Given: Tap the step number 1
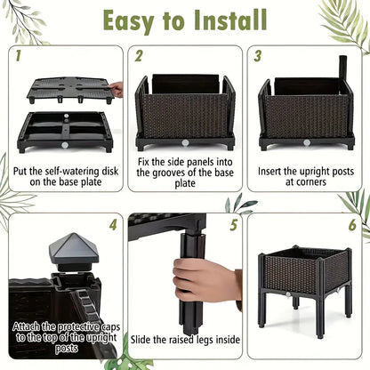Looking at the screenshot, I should (19, 56).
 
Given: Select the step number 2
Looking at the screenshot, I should (139, 56).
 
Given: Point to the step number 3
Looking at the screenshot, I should (257, 56).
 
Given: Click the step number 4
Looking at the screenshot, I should (113, 225).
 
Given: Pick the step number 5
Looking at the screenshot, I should (233, 225).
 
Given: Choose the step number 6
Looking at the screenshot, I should (352, 225).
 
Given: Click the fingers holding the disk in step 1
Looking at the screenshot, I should (116, 89).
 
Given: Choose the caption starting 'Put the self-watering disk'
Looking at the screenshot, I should (63, 174).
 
